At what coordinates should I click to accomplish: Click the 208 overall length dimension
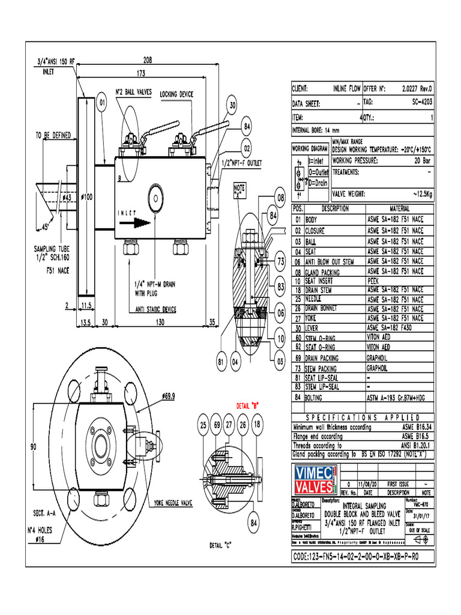147,59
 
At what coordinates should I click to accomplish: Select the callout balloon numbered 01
102,103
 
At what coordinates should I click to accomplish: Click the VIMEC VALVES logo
315,477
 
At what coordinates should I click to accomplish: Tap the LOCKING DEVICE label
176,95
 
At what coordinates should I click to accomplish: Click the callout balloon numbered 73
280,262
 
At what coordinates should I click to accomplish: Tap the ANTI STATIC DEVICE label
152,310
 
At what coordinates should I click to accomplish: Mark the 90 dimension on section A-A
34,446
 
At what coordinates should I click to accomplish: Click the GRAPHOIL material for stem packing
381,368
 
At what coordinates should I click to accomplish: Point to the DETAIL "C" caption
221,545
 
